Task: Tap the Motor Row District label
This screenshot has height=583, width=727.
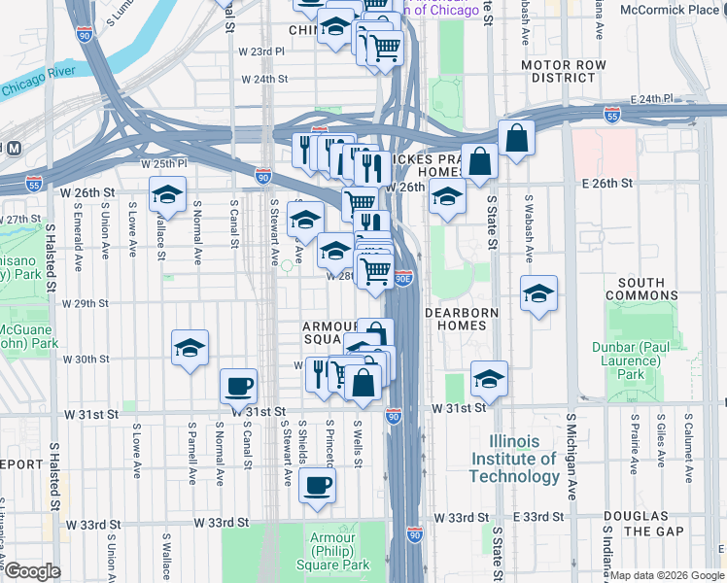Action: pyautogui.click(x=557, y=71)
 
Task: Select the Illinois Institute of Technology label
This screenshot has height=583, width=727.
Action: pyautogui.click(x=514, y=458)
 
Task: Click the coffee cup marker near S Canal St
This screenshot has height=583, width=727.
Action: pyautogui.click(x=238, y=386)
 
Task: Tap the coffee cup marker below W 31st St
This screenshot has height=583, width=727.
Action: pyautogui.click(x=316, y=485)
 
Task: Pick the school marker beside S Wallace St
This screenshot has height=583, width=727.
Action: pyautogui.click(x=167, y=194)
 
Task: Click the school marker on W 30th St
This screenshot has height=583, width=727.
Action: pyautogui.click(x=190, y=347)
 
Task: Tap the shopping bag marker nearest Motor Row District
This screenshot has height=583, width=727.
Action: pyautogui.click(x=517, y=138)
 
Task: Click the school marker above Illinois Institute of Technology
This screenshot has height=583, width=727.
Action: pyautogui.click(x=489, y=378)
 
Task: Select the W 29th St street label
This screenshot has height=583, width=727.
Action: pyautogui.click(x=85, y=303)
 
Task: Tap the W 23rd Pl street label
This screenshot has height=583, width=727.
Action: pyautogui.click(x=262, y=51)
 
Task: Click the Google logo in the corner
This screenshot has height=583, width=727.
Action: pyautogui.click(x=32, y=571)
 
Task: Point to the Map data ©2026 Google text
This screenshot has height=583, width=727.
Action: pyautogui.click(x=667, y=575)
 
